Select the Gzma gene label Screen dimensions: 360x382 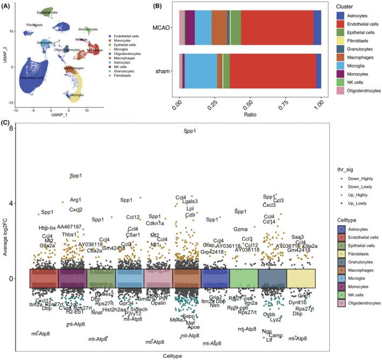[240, 229]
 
